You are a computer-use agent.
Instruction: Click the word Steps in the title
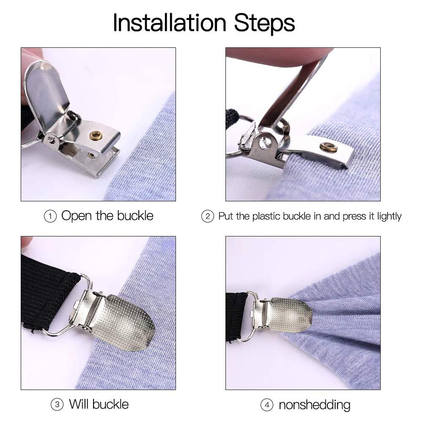coord(265,23)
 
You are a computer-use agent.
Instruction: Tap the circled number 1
coord(50,217)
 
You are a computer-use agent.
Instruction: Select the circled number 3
coord(57,405)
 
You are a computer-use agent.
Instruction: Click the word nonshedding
coord(314,405)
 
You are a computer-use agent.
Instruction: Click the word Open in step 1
coord(76,216)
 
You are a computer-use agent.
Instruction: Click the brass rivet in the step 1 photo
coord(96,136)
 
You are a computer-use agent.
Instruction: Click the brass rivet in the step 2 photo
coord(328,147)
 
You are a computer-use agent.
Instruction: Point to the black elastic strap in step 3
coord(47,292)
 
